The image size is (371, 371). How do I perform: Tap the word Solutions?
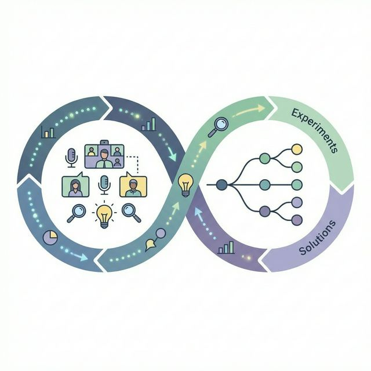(x=318, y=238)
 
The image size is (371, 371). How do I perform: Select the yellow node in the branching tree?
(x=297, y=149)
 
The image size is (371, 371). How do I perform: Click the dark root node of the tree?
(x=220, y=185)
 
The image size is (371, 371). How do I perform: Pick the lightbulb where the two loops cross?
(x=185, y=184)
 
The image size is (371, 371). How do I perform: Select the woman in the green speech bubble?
(x=75, y=186)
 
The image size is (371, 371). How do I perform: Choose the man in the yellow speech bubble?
(x=133, y=186)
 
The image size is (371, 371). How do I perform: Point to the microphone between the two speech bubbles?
(x=104, y=185)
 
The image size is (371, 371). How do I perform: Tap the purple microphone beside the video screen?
(x=72, y=157)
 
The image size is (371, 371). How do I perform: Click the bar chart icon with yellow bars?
(x=148, y=123)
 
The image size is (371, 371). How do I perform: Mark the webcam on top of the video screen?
(x=104, y=142)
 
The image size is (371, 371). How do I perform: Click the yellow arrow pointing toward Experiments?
(x=249, y=110)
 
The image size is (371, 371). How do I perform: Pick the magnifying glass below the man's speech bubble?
(x=132, y=213)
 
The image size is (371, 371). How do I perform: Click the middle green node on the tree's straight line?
(x=264, y=185)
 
